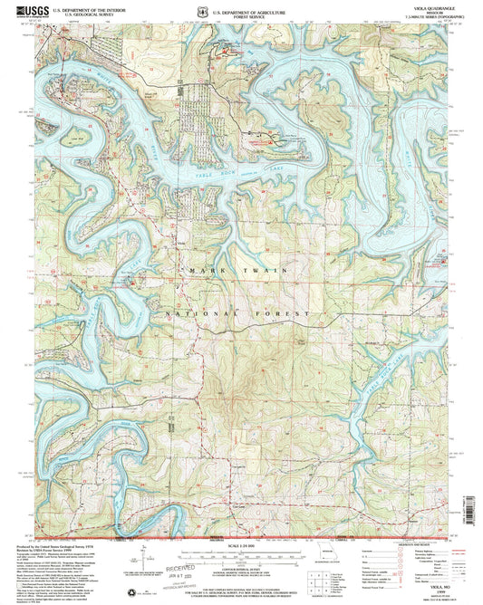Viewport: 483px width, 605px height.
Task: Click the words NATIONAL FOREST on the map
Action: click(241, 312)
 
